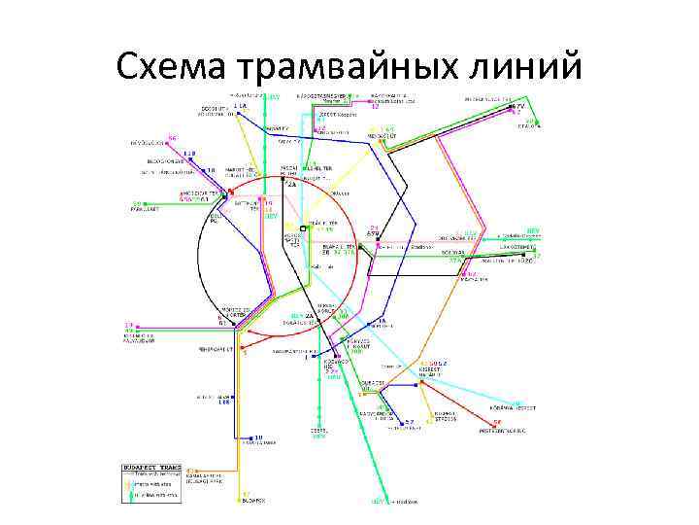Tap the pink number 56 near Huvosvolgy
pos(172,137)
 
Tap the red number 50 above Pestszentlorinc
pos(497,422)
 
